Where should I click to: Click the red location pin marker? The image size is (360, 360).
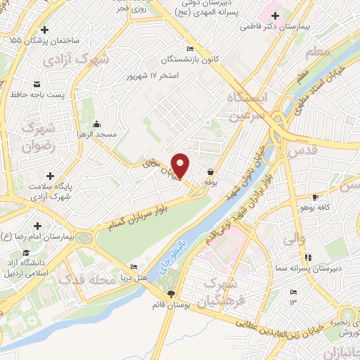(181, 165)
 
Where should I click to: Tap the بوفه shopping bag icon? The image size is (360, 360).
(210, 172)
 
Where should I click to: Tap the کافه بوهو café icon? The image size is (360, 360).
(316, 197)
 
